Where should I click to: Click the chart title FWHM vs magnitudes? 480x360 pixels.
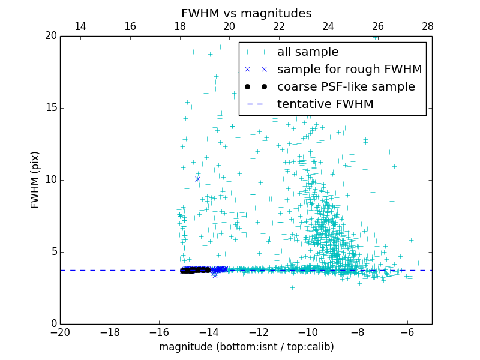pyautogui.click(x=246, y=13)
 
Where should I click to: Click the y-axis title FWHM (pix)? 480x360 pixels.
pyautogui.click(x=35, y=179)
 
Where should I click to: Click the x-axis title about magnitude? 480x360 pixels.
pyautogui.click(x=246, y=347)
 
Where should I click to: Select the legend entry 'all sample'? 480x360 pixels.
pyautogui.click(x=307, y=52)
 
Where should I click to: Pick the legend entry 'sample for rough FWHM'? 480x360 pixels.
pyautogui.click(x=349, y=70)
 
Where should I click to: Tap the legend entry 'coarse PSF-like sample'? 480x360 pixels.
pyautogui.click(x=346, y=87)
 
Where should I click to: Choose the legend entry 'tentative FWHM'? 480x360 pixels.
pyautogui.click(x=325, y=104)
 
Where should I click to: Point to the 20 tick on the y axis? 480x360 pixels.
pyautogui.click(x=50, y=36)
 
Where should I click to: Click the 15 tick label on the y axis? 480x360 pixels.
pyautogui.click(x=50, y=108)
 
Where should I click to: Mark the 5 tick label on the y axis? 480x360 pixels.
pyautogui.click(x=53, y=252)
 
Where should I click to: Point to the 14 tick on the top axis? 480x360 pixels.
pyautogui.click(x=80, y=26)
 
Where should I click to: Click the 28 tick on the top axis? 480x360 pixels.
pyautogui.click(x=428, y=26)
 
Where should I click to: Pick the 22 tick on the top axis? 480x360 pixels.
pyautogui.click(x=279, y=26)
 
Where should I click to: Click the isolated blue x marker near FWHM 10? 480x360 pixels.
pyautogui.click(x=197, y=179)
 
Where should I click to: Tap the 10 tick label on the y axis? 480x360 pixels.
pyautogui.click(x=50, y=180)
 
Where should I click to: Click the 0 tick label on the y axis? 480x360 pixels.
pyautogui.click(x=53, y=324)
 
